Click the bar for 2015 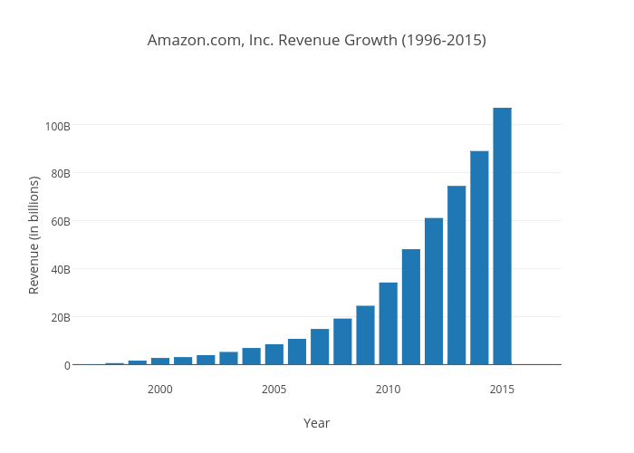[502, 236]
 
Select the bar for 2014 [479, 257]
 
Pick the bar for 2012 [434, 291]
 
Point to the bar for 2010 [388, 323]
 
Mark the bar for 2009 [365, 335]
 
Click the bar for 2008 [342, 342]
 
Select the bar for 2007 [320, 347]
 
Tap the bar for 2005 [274, 354]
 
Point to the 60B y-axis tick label [60, 221]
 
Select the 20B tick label [60, 317]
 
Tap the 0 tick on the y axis [67, 365]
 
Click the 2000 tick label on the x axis [160, 389]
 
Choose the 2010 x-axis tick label [388, 389]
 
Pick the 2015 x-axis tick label [502, 389]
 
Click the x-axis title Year [316, 423]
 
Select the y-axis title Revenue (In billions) [34, 235]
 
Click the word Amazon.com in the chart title [192, 41]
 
